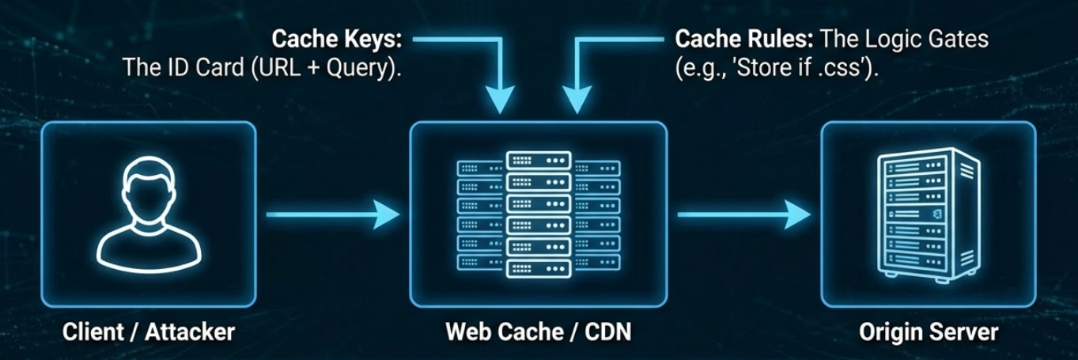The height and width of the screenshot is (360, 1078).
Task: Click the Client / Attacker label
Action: tap(149, 332)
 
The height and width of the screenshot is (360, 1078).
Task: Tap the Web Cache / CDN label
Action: tap(538, 332)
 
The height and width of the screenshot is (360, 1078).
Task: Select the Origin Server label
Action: tap(929, 332)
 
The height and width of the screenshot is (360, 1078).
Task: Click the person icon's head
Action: tap(149, 191)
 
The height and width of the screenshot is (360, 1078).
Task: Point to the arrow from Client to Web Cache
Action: tap(332, 214)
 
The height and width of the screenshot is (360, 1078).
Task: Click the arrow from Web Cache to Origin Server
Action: tap(743, 214)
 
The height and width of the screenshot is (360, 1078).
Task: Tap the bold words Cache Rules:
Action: tap(735, 39)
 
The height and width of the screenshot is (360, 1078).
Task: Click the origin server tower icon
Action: tap(928, 214)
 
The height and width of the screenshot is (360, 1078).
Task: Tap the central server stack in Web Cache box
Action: tap(539, 214)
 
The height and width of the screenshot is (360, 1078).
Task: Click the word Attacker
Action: tap(190, 332)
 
